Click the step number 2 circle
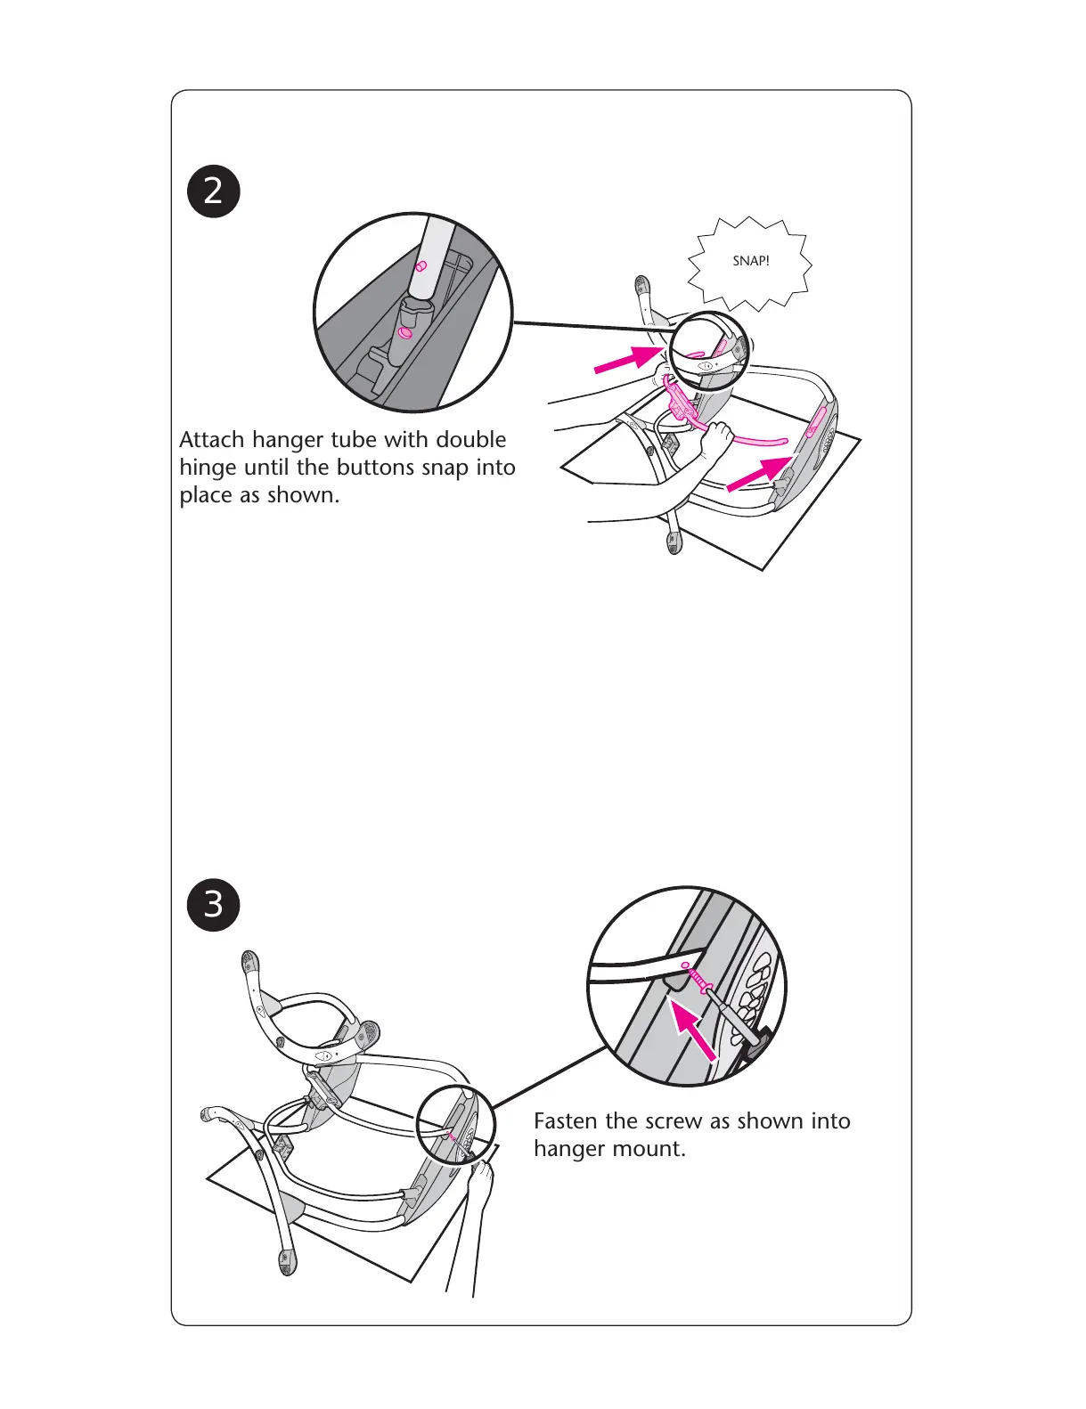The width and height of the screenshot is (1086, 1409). point(214,191)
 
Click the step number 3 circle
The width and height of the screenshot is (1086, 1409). point(214,905)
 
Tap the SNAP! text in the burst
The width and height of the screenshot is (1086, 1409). point(751,261)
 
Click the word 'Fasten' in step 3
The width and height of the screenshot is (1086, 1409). point(567,1121)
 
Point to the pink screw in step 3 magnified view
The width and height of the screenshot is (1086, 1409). point(698,977)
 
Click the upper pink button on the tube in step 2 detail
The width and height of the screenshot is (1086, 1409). point(421,265)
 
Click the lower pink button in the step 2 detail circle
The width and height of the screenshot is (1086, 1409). point(405,332)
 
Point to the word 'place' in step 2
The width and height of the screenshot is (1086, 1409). point(207,496)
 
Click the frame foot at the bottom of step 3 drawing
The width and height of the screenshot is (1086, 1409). point(287,1262)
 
